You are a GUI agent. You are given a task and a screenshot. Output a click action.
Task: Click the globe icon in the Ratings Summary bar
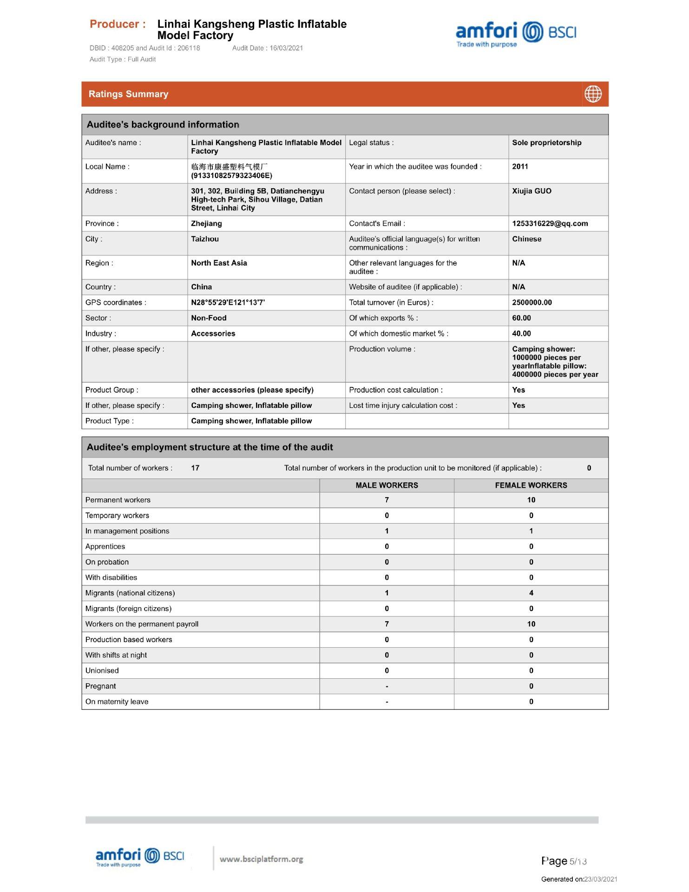(592, 94)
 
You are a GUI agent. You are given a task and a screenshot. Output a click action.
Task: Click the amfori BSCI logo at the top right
(516, 34)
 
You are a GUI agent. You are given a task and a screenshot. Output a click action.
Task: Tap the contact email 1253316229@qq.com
(550, 223)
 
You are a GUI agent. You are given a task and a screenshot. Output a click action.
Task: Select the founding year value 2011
(520, 166)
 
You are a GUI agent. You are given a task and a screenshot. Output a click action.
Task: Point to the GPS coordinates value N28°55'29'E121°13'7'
(228, 302)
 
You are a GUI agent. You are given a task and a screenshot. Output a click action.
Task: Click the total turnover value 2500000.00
(532, 302)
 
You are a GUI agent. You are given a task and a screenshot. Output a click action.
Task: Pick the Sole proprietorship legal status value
(546, 143)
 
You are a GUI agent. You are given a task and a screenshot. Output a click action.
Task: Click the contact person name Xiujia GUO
(532, 191)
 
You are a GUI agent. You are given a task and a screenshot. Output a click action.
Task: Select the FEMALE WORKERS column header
(531, 485)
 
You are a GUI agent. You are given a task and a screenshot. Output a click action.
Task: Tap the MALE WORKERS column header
(387, 485)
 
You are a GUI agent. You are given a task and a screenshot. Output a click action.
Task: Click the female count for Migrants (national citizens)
(531, 593)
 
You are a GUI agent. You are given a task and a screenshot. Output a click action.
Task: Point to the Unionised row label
(102, 670)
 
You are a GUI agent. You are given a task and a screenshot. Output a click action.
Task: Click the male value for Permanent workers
(387, 500)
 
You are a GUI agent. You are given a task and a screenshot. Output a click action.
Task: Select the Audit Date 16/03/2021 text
(267, 48)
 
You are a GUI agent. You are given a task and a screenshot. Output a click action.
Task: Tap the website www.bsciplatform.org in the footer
(261, 859)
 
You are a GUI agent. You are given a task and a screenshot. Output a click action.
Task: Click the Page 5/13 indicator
(564, 861)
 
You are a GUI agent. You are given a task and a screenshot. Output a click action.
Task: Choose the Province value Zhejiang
(206, 223)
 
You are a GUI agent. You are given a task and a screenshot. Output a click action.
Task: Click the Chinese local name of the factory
(229, 166)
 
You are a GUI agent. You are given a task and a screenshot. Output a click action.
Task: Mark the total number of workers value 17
(195, 468)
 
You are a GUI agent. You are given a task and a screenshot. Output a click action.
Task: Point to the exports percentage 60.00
(521, 318)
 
